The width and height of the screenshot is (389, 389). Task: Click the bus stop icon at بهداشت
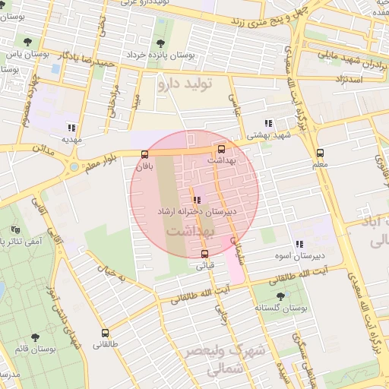221,150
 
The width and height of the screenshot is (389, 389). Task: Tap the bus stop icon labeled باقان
145,154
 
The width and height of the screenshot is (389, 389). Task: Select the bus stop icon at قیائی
204,254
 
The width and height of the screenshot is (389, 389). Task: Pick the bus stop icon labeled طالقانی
105,333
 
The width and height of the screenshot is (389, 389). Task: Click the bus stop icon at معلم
320,153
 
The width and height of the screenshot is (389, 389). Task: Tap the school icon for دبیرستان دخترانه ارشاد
197,200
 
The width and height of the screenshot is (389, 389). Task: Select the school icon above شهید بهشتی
267,122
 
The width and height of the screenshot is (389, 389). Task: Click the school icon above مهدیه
71,128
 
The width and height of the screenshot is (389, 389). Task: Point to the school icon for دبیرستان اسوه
299,244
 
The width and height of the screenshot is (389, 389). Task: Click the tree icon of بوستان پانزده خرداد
160,43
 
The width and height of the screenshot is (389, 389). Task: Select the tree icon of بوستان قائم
34,337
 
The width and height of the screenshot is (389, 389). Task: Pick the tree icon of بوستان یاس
28,42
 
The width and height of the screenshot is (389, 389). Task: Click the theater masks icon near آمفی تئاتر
15,229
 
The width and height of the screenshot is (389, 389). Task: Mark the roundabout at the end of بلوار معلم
74,166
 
